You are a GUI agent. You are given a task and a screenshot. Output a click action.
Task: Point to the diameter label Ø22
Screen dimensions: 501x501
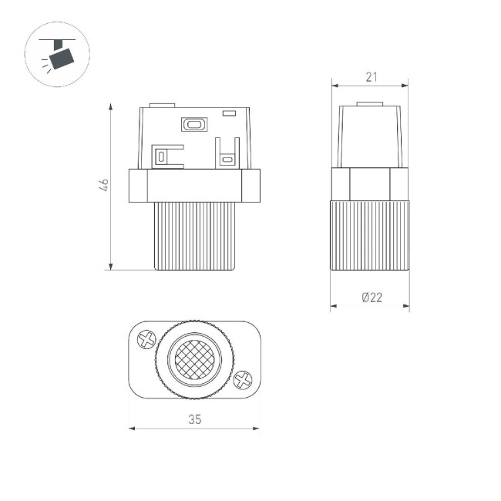(x=371, y=298)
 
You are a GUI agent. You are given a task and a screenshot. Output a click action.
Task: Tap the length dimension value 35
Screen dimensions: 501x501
(x=194, y=419)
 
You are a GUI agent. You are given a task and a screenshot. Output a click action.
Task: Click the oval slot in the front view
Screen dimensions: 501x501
(x=193, y=123)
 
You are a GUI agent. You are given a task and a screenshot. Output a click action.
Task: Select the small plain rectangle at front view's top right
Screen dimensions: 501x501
(x=228, y=114)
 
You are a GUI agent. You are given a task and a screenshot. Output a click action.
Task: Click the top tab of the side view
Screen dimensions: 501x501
(x=370, y=103)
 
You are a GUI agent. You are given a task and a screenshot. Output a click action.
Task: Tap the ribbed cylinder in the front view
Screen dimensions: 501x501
(x=194, y=236)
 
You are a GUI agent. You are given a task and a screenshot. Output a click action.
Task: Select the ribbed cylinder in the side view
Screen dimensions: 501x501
(x=370, y=235)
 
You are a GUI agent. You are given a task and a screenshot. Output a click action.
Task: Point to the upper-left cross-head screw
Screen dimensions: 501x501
(x=146, y=339)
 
